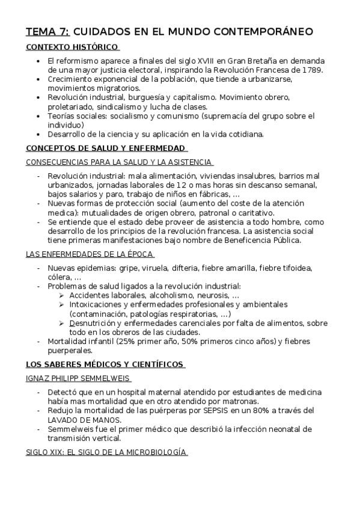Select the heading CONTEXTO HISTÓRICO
tap(72, 48)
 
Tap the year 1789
tap(313, 70)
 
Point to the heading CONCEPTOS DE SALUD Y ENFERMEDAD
tap(106, 149)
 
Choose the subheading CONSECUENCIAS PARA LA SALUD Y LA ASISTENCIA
tap(119, 162)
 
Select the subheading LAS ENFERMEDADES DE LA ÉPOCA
tap(90, 254)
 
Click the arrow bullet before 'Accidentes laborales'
tap(63, 295)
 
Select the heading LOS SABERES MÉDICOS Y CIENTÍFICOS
tap(105, 364)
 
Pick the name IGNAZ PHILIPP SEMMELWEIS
tap(78, 378)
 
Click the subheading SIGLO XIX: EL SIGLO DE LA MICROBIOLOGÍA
tap(107, 452)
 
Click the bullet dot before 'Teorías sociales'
tap(38, 115)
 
